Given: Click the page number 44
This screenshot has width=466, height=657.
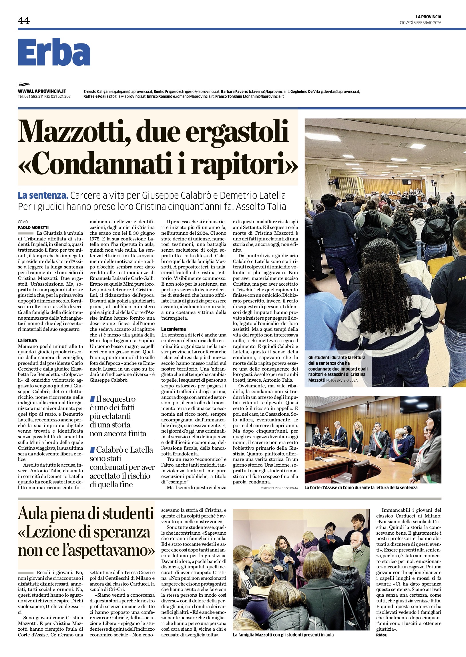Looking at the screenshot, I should click(x=24, y=21).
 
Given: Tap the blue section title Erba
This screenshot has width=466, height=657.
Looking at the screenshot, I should click(x=54, y=53).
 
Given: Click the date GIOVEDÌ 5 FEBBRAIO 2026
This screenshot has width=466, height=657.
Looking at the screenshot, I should click(x=420, y=23).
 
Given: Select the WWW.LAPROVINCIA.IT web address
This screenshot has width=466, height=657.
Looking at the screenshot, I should click(x=42, y=91).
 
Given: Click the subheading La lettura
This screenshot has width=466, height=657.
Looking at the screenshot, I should click(x=27, y=341).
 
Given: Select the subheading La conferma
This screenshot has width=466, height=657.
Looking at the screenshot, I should click(x=173, y=329).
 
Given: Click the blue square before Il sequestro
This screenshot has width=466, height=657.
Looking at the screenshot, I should click(x=92, y=399).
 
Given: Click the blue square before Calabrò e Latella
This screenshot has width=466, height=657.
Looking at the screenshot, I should click(x=92, y=449).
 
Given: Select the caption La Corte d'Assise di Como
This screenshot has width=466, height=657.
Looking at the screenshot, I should click(x=361, y=487).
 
